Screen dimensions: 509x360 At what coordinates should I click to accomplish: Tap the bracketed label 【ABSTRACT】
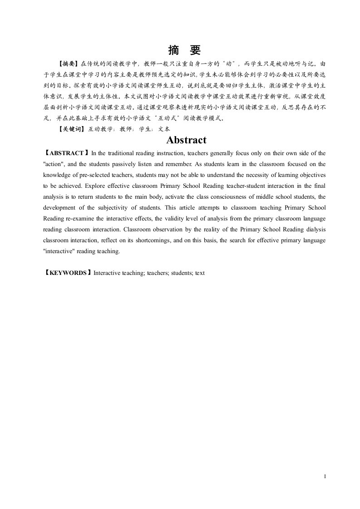coord(66,153)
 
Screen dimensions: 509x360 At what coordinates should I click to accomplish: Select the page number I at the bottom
coord(325,477)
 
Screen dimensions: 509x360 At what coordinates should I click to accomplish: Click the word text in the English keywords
coord(200,273)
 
